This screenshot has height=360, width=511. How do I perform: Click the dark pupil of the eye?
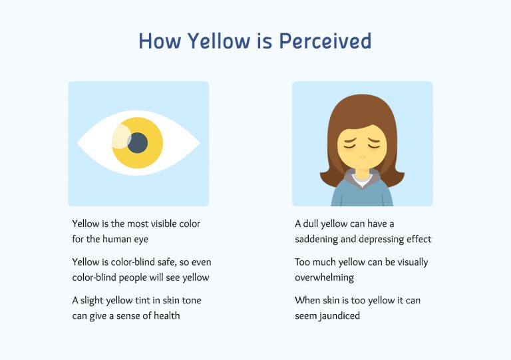tap(138, 142)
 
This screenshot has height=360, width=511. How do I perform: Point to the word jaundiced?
tap(327, 315)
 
